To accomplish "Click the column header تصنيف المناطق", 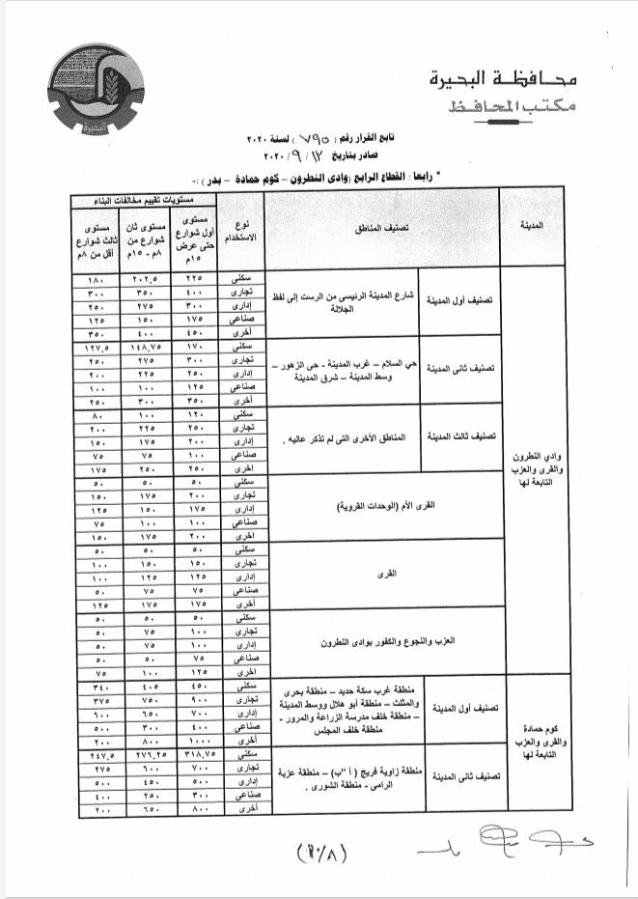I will click(x=381, y=228).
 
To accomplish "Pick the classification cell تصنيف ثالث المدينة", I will click(x=461, y=437).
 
